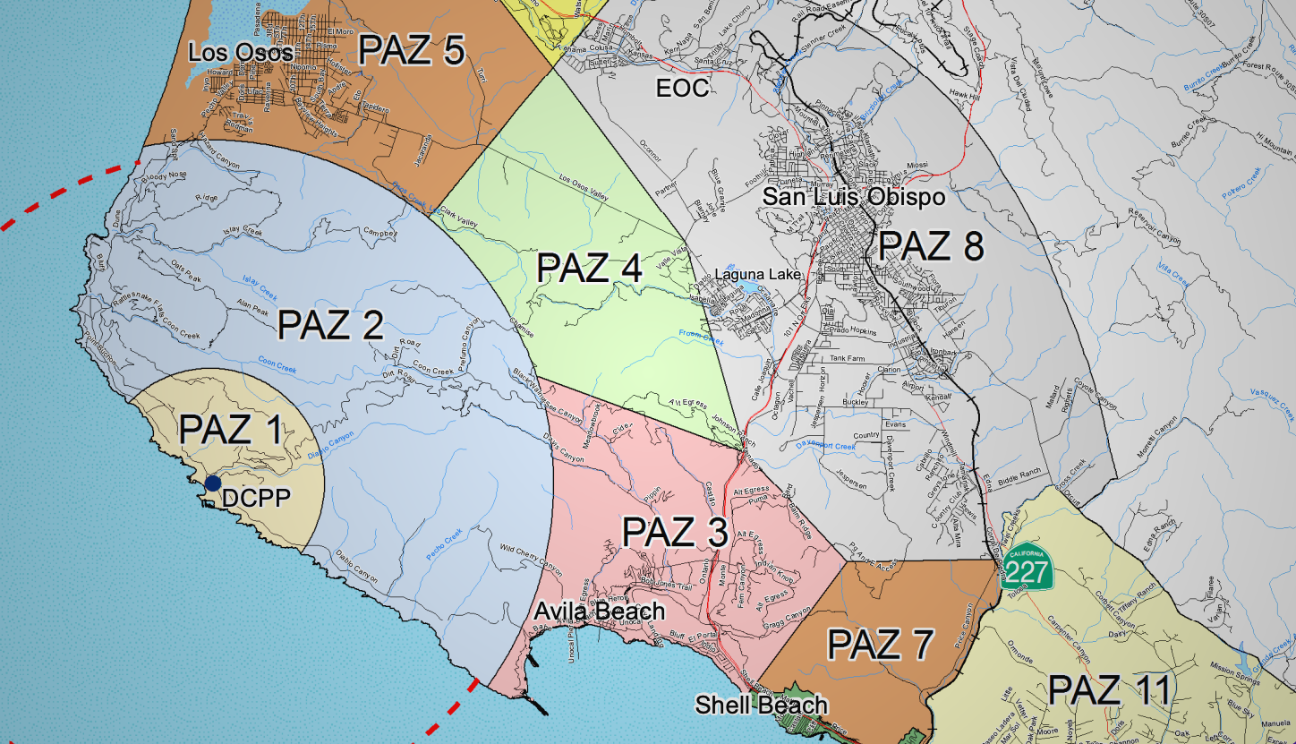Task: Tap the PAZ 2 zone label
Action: tap(331, 324)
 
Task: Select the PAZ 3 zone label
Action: tap(675, 534)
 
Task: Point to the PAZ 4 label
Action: tap(589, 268)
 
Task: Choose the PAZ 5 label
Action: tap(412, 51)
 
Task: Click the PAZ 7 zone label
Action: tap(881, 644)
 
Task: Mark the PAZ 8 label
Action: tap(931, 246)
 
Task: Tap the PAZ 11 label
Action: tap(1109, 690)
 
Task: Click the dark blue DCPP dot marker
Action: tap(212, 483)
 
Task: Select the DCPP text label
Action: tap(255, 498)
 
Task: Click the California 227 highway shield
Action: tap(1027, 567)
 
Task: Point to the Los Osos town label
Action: tap(241, 53)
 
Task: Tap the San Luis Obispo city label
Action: tap(853, 196)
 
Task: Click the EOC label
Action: tap(682, 88)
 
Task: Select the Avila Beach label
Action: tap(600, 611)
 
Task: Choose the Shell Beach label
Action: tap(761, 706)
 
